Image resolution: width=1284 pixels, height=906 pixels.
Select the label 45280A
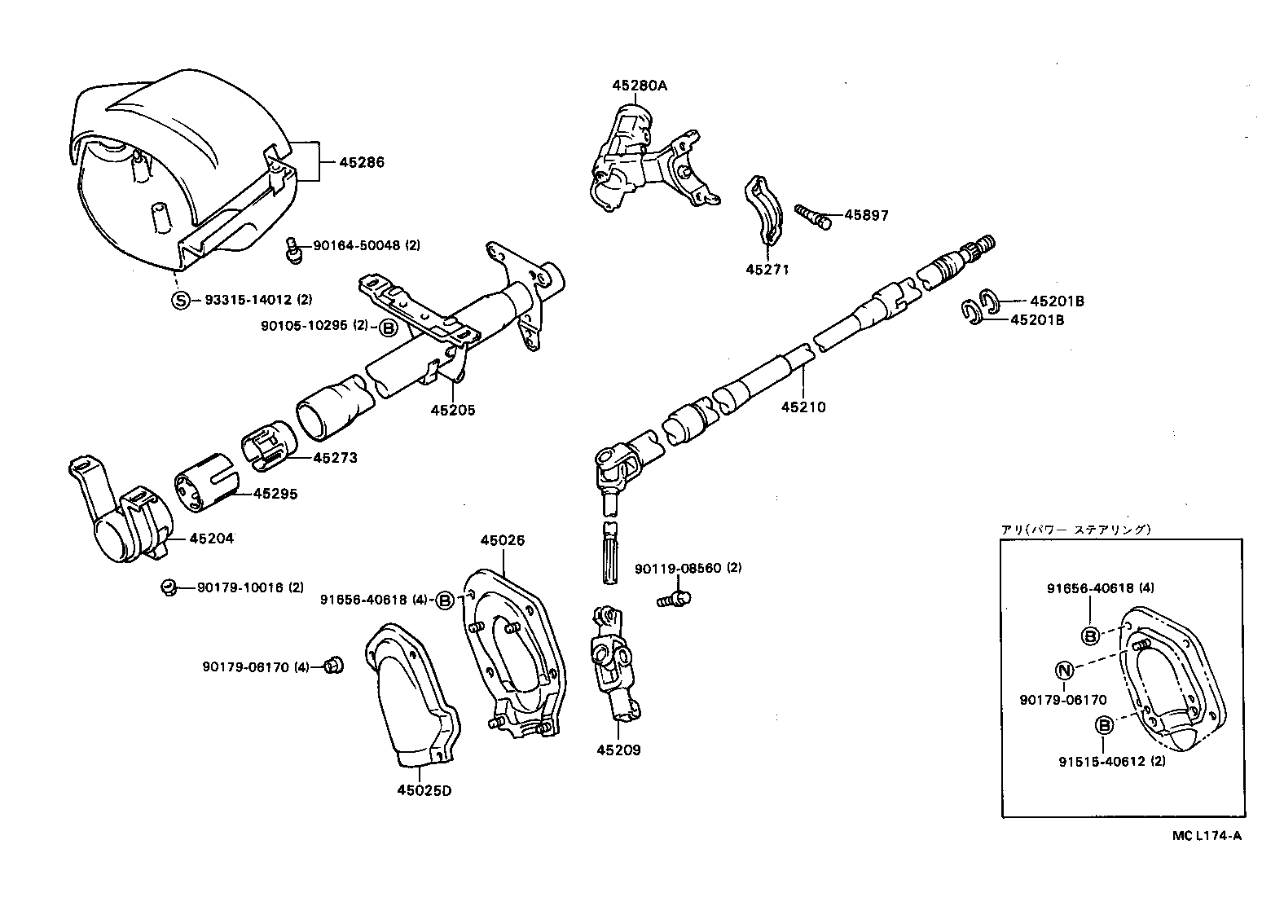click(x=640, y=85)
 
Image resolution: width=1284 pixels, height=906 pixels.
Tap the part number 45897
click(x=866, y=215)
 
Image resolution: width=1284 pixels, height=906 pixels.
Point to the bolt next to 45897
click(x=814, y=216)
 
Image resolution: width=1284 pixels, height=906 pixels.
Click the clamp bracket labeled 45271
click(x=764, y=209)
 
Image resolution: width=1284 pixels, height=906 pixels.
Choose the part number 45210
click(x=803, y=407)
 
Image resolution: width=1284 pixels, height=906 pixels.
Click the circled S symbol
click(x=180, y=300)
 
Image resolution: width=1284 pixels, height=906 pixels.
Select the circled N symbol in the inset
click(x=1064, y=670)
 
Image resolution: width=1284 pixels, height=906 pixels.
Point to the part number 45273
click(x=335, y=458)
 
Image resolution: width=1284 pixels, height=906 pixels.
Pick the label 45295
click(x=275, y=494)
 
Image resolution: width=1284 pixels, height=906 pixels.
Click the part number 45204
click(x=211, y=538)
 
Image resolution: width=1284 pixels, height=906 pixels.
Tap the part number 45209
click(x=618, y=750)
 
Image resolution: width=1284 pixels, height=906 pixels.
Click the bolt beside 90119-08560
click(x=674, y=600)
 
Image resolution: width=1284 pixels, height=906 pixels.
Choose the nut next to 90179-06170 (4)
click(x=332, y=666)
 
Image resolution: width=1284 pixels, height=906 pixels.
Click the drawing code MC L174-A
click(x=1207, y=835)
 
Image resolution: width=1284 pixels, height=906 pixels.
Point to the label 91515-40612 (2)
click(x=1112, y=762)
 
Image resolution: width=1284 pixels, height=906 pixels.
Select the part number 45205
click(x=453, y=410)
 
